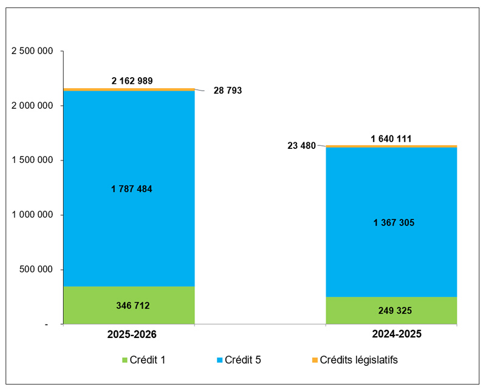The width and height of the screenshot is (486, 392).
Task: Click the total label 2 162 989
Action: coord(132,80)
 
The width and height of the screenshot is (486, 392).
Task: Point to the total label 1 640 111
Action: coord(391,139)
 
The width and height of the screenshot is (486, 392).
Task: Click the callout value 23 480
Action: coord(301,145)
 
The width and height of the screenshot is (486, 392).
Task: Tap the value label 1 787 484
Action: coord(132,189)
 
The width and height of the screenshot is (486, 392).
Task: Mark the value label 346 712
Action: coord(132,305)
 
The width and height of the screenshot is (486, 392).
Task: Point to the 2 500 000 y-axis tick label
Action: coord(33,51)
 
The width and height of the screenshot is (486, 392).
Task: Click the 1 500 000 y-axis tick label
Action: coord(33,160)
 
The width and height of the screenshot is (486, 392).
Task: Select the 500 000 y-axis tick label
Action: coord(38,270)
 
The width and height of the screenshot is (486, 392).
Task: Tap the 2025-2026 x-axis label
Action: coord(132,334)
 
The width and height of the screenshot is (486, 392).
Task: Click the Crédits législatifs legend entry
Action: coord(358,360)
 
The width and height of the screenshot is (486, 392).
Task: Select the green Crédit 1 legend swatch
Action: coord(126,360)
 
